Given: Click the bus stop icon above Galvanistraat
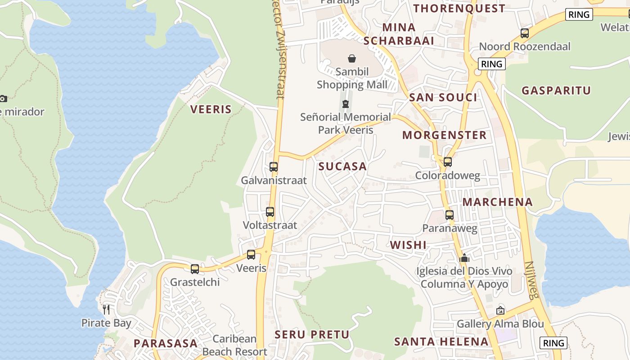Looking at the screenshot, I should pyautogui.click(x=273, y=167).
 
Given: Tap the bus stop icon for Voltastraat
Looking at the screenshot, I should pyautogui.click(x=270, y=211).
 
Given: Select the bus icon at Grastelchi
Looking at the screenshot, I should pyautogui.click(x=194, y=269).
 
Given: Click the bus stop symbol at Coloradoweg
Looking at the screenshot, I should pyautogui.click(x=447, y=162).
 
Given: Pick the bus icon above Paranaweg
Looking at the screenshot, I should pyautogui.click(x=449, y=215).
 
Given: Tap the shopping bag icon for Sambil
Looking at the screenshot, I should pyautogui.click(x=352, y=58).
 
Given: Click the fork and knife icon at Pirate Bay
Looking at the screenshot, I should pyautogui.click(x=106, y=309).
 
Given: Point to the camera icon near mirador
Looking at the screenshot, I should pyautogui.click(x=3, y=99).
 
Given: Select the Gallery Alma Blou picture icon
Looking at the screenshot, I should pyautogui.click(x=500, y=310).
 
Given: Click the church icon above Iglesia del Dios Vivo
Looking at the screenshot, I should pyautogui.click(x=464, y=258).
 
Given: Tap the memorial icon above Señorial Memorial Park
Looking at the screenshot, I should pyautogui.click(x=345, y=104).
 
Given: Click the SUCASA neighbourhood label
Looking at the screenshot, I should pyautogui.click(x=342, y=166).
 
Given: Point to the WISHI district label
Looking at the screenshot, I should pyautogui.click(x=408, y=245).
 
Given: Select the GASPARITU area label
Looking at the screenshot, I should pyautogui.click(x=556, y=90).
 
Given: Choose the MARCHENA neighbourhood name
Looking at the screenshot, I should pyautogui.click(x=498, y=202).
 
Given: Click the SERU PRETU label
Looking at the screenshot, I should pyautogui.click(x=312, y=334).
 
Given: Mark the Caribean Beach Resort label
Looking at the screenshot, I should pyautogui.click(x=234, y=345).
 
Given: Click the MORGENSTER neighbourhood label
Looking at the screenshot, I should pyautogui.click(x=445, y=135).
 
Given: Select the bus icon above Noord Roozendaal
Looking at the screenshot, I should pyautogui.click(x=524, y=33).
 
